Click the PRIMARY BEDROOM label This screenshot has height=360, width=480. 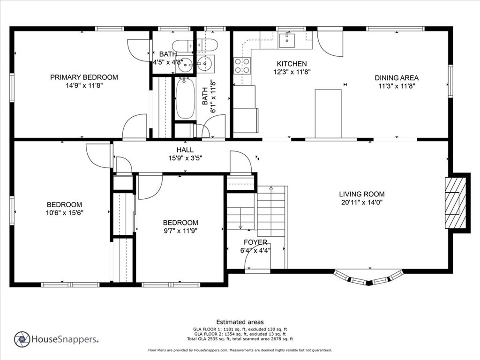[x=84, y=77]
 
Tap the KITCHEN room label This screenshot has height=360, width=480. [x=292, y=64]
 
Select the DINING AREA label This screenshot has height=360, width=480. [x=397, y=78]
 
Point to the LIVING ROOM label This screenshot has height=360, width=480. [x=362, y=194]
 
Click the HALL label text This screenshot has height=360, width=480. [x=185, y=150]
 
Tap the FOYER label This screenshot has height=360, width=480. [x=255, y=242]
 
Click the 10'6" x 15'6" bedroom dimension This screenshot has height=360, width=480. [x=65, y=213]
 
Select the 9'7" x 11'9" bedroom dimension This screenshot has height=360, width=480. [x=180, y=231]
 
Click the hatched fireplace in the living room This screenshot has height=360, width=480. [x=455, y=203]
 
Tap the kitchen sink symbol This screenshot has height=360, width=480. [x=287, y=41]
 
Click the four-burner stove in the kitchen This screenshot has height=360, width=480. [x=242, y=66]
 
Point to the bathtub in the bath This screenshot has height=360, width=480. [x=185, y=98]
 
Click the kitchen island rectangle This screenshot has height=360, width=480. [x=328, y=113]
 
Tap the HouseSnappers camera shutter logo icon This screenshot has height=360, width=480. [x=22, y=339]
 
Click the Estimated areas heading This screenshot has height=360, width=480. [x=240, y=322]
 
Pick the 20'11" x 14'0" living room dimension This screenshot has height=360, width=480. [x=362, y=202]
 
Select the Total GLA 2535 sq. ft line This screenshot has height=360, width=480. [x=240, y=339]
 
